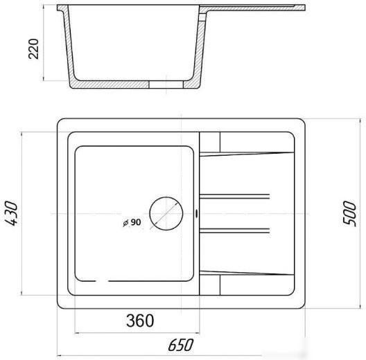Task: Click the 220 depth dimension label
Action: click(33, 49)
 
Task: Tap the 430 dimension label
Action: click(11, 213)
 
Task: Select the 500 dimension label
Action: click(350, 213)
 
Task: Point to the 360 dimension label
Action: click(140, 321)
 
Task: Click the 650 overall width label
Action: click(181, 345)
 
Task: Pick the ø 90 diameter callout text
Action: click(132, 222)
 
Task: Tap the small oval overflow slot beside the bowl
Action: click(196, 213)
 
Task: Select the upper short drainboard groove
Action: click(234, 197)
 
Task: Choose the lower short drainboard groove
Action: click(234, 231)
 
